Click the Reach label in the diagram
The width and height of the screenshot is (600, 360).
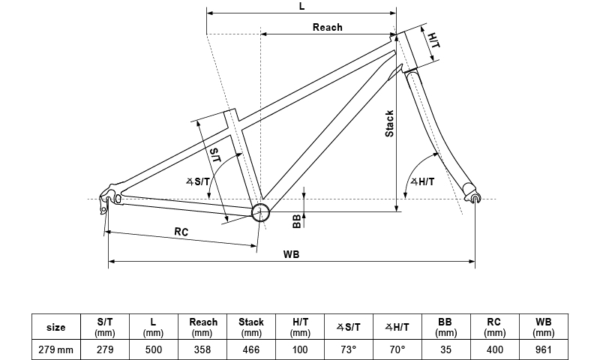coord(327,27)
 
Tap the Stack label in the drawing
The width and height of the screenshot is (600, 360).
coord(389,124)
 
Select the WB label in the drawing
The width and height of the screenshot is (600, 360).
coord(292,254)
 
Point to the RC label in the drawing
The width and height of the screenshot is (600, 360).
coord(181,232)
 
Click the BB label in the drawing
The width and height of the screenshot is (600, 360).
coord(297,219)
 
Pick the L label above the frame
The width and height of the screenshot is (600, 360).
coord(301,6)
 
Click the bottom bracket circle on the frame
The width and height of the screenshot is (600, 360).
coord(260,211)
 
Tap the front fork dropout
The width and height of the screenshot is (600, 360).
coord(472,197)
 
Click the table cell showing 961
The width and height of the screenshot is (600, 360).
coord(544,349)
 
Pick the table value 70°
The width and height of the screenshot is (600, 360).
coord(397,349)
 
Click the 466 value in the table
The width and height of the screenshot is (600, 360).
coord(251,349)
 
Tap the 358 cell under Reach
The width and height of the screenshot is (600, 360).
coord(202,349)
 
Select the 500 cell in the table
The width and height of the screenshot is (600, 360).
coord(154,349)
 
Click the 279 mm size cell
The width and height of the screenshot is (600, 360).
coord(55,349)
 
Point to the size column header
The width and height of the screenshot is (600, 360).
coord(55,327)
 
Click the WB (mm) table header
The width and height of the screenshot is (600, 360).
coord(544,327)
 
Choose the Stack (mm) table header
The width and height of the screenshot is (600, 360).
coord(251,327)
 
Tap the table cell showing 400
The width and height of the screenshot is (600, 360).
coord(495,349)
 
